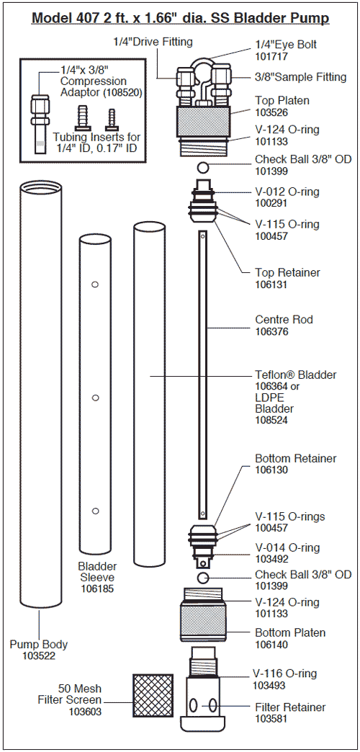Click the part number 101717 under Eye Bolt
(271, 55)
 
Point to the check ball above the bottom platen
(204, 578)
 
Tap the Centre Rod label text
(284, 319)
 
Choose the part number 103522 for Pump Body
(39, 656)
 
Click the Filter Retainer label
(290, 707)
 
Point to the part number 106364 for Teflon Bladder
(271, 386)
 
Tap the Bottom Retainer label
(295, 458)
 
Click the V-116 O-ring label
(286, 674)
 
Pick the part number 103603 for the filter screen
(86, 712)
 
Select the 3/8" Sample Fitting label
(300, 77)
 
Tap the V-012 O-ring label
(287, 192)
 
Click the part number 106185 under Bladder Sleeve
(97, 588)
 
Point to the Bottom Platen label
(289, 632)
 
